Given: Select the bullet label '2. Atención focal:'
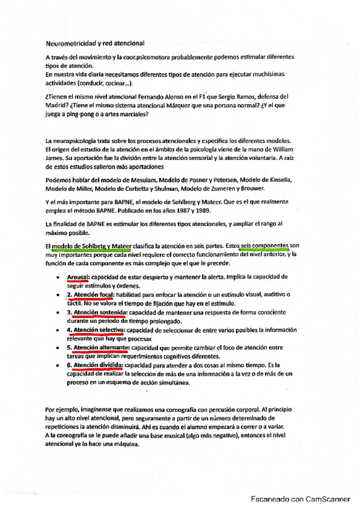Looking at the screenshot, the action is (88, 294).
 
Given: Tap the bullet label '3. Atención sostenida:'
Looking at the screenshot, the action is (96, 312).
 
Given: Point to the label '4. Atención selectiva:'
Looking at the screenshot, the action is (96, 330).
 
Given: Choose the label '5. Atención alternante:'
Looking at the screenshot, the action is (98, 348).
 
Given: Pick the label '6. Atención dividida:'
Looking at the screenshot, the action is (95, 365).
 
